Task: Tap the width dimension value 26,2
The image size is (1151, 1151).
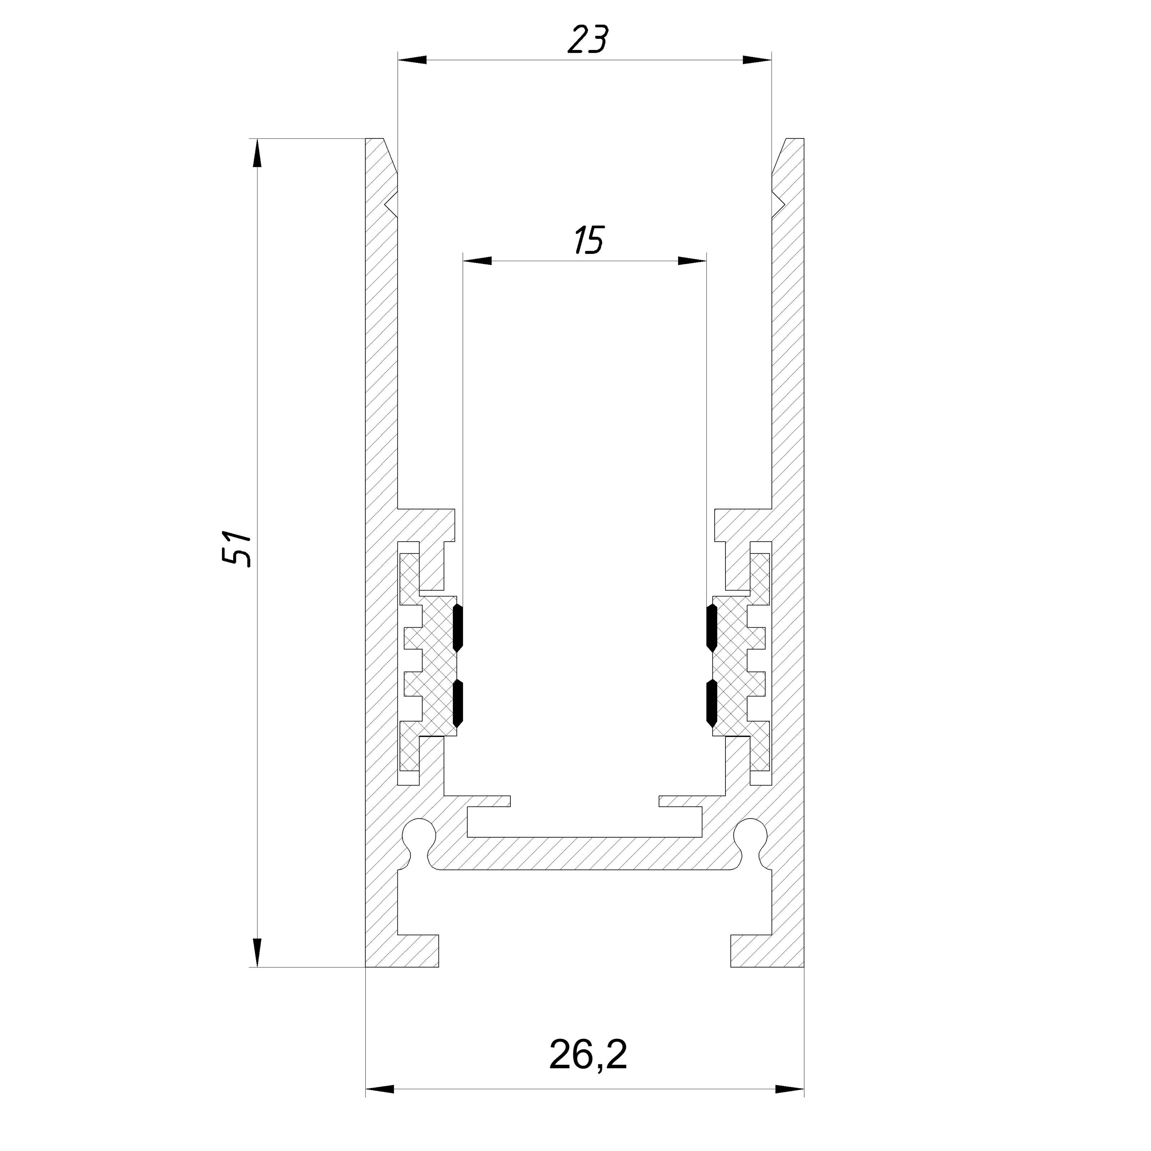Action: [x=588, y=1055]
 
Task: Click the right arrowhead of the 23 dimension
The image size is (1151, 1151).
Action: [x=757, y=60]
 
